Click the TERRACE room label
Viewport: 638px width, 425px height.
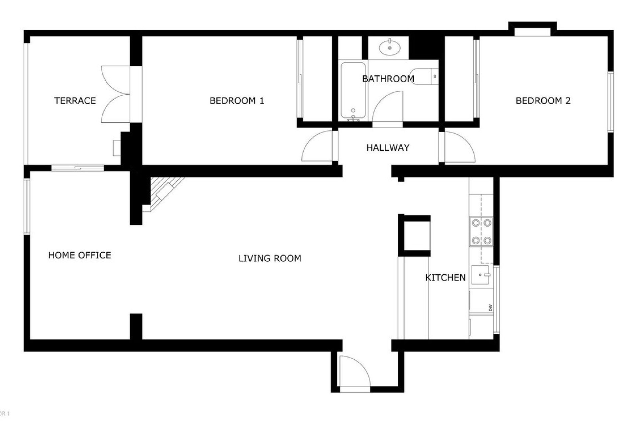(75, 101)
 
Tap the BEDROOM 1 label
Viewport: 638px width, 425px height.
(237, 101)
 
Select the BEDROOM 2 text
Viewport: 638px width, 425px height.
(543, 101)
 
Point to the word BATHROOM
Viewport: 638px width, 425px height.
(388, 79)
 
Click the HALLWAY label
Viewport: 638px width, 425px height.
(388, 148)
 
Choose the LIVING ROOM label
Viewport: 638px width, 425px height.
(270, 258)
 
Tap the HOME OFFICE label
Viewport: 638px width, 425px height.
(80, 255)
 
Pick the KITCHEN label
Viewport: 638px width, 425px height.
(446, 278)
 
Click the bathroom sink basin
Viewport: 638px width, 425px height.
(390, 47)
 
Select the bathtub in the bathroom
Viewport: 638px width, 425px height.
(353, 90)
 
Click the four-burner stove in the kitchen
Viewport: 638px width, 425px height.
(481, 231)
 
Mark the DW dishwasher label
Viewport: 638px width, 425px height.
(490, 308)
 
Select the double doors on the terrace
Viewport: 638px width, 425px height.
(116, 94)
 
